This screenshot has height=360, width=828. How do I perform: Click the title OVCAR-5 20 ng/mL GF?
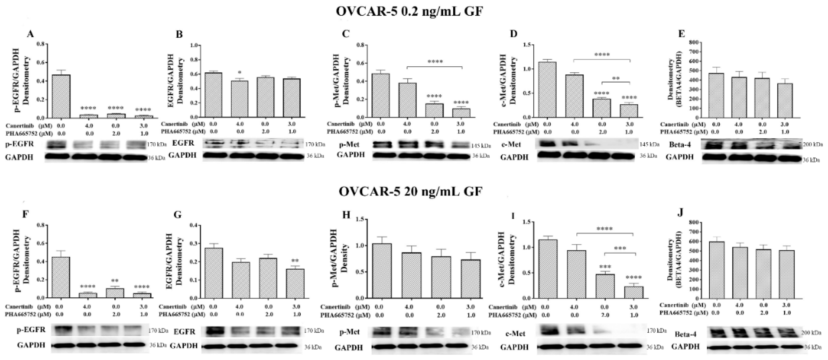coord(410,192)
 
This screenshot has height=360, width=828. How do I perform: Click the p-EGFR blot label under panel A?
coord(19,144)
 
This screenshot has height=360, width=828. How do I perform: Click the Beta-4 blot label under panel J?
coord(685,335)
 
